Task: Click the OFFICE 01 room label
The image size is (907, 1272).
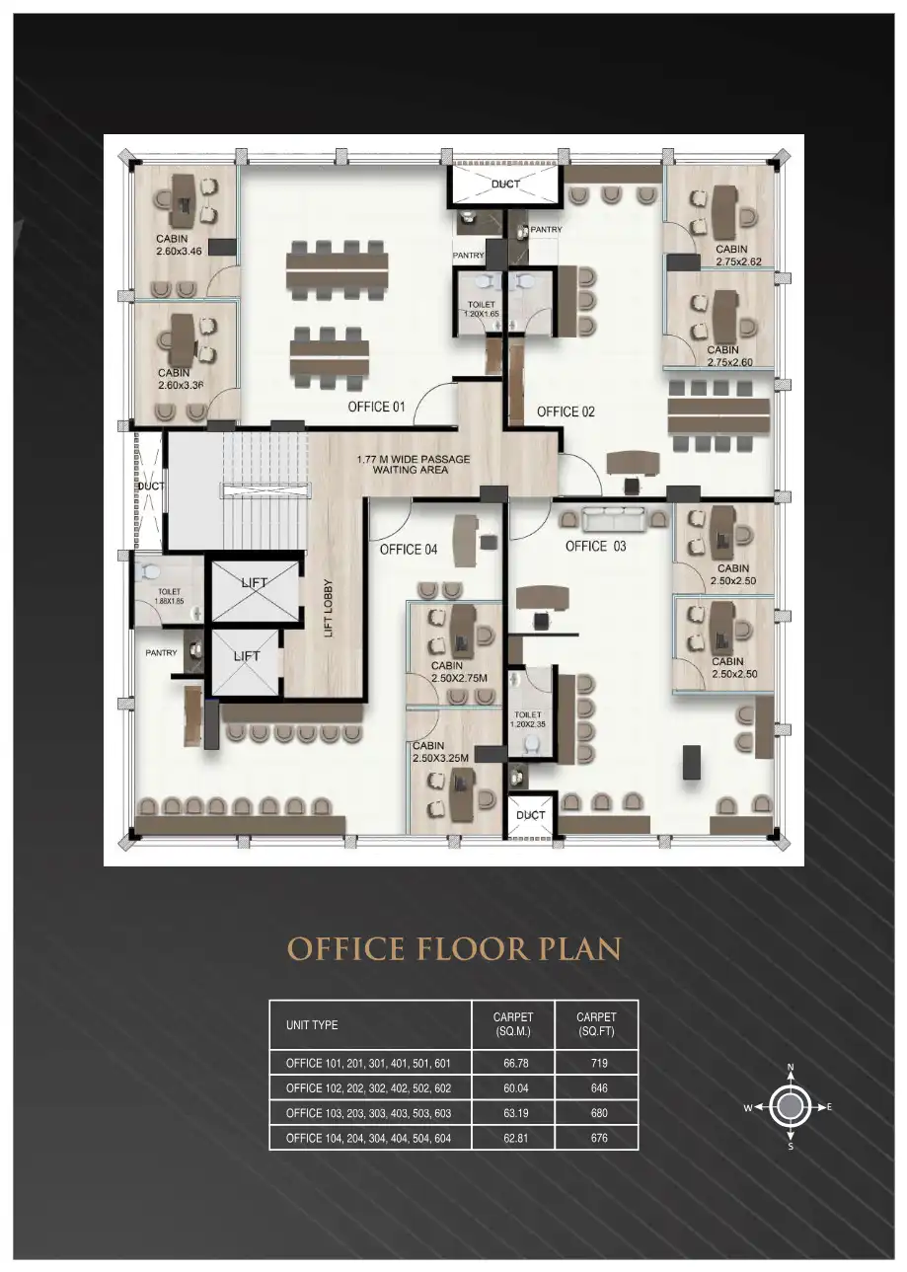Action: pos(376,407)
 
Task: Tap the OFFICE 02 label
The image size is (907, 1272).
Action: pos(566,412)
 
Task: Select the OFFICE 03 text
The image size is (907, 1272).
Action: pos(595,546)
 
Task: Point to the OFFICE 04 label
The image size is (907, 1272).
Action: pos(409,550)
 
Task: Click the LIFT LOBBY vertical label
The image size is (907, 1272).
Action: pos(329,606)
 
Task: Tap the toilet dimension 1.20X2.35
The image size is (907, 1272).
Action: pos(528,724)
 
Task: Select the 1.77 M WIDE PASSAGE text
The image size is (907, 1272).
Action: pos(414,459)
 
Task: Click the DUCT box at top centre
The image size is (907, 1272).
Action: pos(505,185)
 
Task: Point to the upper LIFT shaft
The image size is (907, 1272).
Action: pos(255,590)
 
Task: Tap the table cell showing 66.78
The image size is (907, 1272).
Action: pos(513,1064)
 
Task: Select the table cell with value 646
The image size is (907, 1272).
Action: pos(596,1088)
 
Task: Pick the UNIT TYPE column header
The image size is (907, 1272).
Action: pos(312,1025)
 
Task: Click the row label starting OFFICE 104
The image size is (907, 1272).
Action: pos(368,1138)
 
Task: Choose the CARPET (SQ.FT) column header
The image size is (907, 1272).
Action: pos(596,1024)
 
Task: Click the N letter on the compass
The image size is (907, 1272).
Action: pos(791,1068)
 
